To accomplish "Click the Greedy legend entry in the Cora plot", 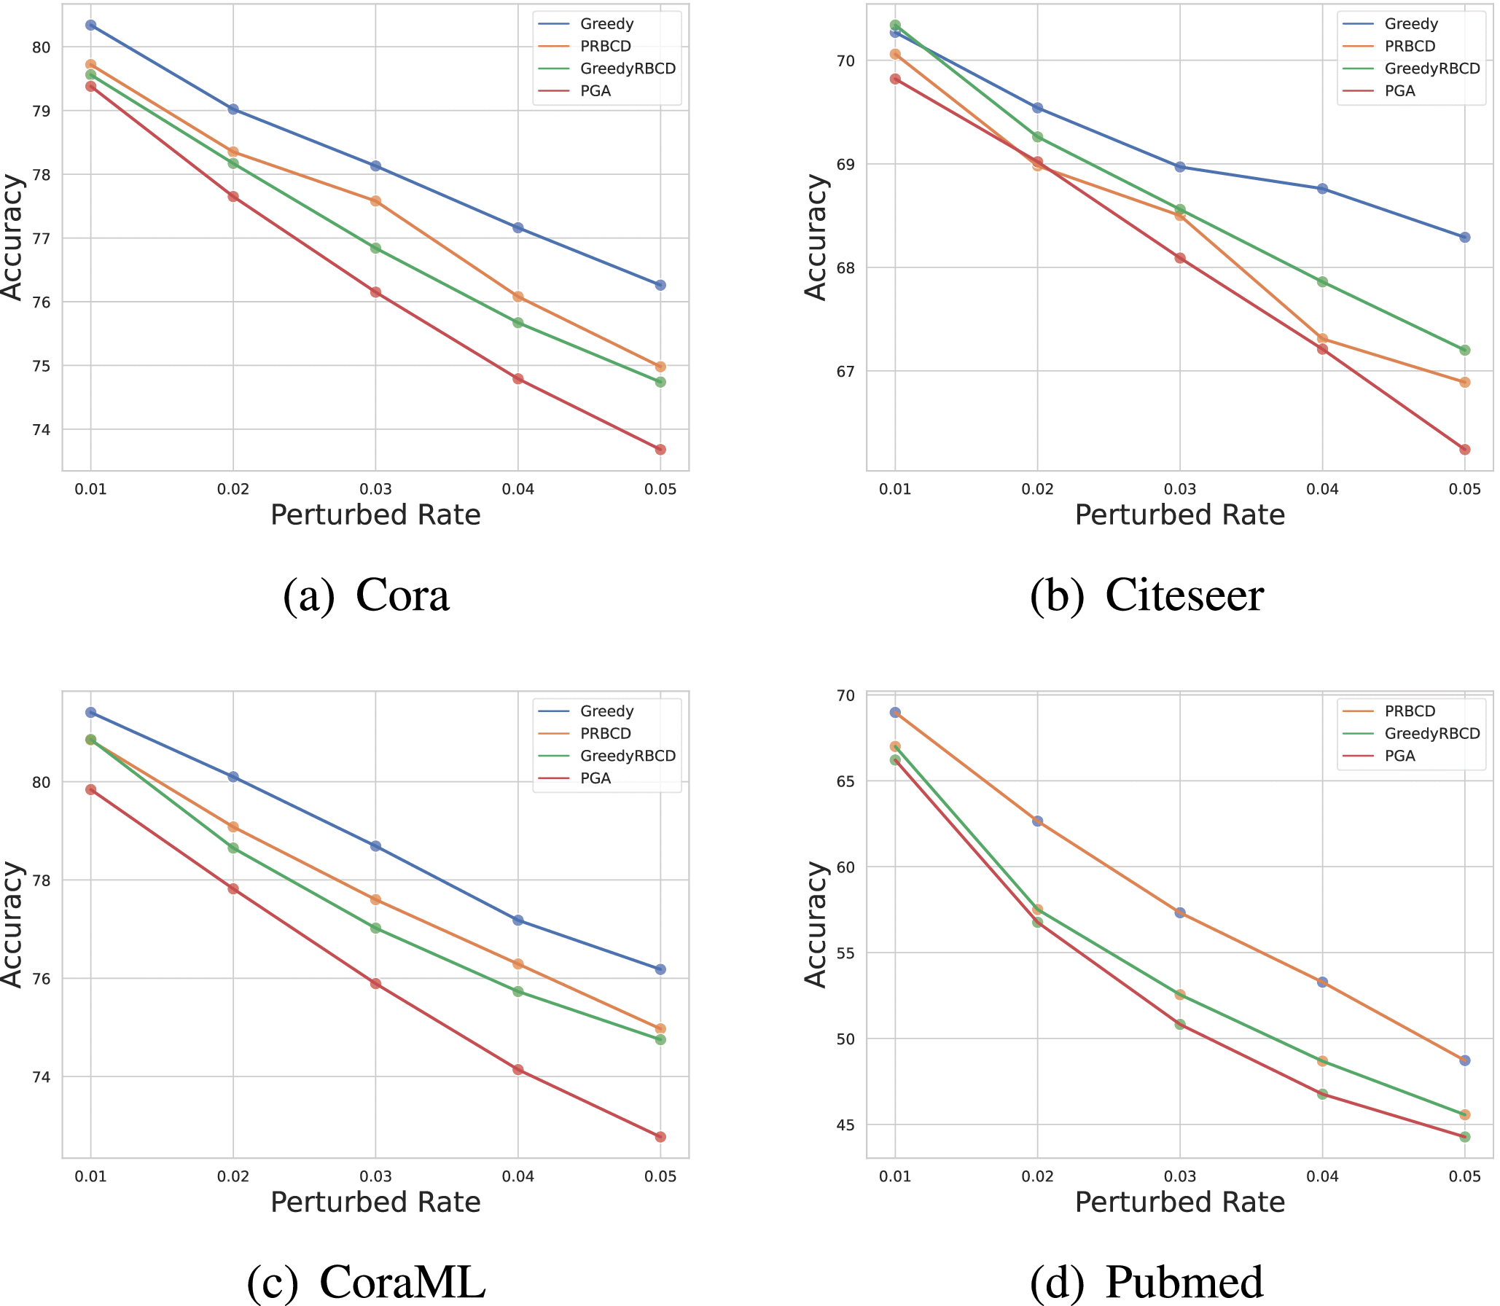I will coord(606,24).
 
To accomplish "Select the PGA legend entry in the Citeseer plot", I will coord(1399,91).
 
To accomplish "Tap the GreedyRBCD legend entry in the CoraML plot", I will coord(628,756).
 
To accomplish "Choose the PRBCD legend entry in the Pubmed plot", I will coord(1410,711).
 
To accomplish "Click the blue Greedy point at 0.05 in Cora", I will coord(660,285).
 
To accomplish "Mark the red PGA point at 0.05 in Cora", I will coord(660,450).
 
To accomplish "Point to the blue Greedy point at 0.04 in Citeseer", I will coord(1322,189).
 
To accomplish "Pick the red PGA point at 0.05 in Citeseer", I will coord(1465,450).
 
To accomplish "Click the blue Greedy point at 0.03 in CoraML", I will coord(375,846).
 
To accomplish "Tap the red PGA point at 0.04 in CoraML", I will coord(518,1070).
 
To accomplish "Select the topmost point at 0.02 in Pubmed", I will coord(1037,821).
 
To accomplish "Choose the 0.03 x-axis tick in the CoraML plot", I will coord(375,1176).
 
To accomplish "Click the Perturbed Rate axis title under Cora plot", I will coord(375,515).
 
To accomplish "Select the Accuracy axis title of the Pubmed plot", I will coord(816,924).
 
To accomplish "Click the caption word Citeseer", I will coord(1184,596).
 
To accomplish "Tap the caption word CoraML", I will coord(402,1282).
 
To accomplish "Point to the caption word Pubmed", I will coord(1184,1282).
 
